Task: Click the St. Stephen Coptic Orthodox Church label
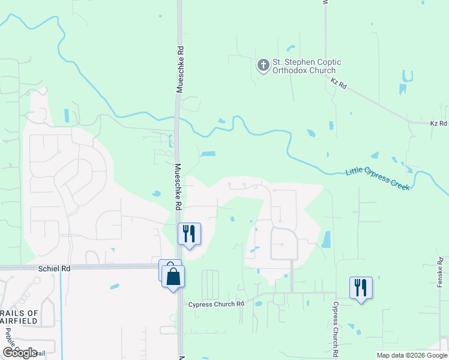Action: tap(307, 66)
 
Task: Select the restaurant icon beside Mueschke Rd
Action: tap(189, 234)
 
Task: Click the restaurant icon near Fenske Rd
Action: tap(361, 288)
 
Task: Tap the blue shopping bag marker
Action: tap(173, 277)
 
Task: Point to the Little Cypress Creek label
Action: tap(378, 180)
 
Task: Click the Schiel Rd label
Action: tap(54, 269)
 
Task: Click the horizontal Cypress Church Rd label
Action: tap(216, 304)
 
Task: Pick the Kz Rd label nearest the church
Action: tap(339, 85)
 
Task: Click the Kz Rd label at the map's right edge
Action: tap(439, 123)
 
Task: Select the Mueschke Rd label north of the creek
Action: tap(179, 70)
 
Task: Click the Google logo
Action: tap(20, 352)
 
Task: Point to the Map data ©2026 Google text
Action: tap(412, 355)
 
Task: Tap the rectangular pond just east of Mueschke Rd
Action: tap(207, 154)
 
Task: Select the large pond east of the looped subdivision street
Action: tap(326, 239)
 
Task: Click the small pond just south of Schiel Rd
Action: tap(114, 286)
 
